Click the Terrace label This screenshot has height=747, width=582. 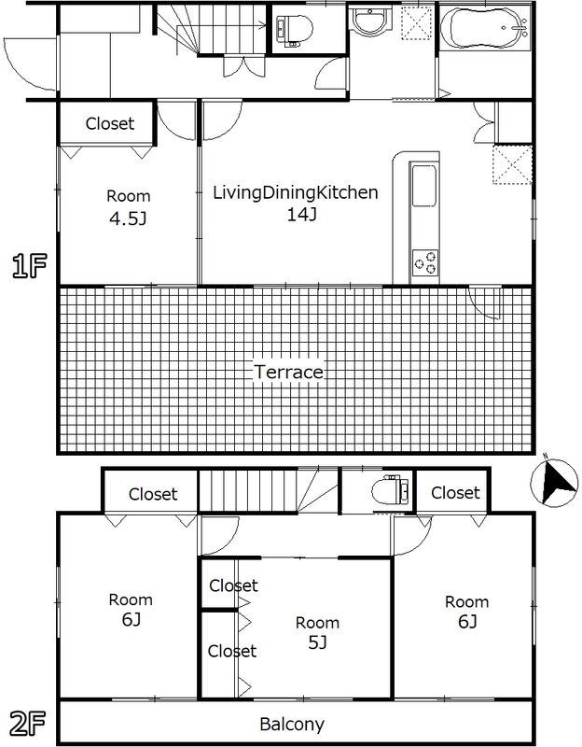tap(288, 372)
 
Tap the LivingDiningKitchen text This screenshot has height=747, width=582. tap(295, 193)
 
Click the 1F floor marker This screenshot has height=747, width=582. tap(28, 267)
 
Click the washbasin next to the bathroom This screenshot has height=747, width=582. tap(369, 24)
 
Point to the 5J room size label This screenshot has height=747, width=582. tap(317, 643)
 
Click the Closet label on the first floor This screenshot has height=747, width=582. tap(110, 123)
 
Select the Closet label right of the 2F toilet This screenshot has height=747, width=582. tap(455, 492)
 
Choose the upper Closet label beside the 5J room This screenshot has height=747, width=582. tap(233, 585)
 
